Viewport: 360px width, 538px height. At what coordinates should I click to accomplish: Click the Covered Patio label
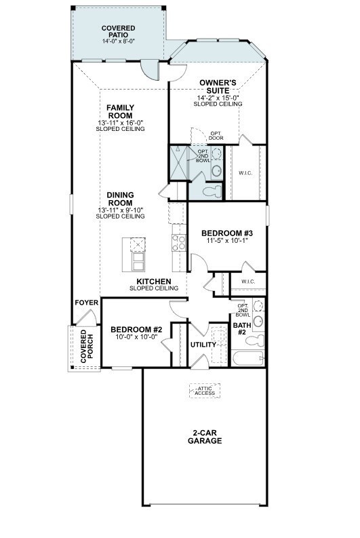pyautogui.click(x=118, y=32)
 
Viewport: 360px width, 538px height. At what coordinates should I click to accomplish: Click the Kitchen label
pyautogui.click(x=153, y=282)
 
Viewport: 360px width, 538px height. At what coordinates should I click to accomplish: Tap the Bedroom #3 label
pyautogui.click(x=226, y=232)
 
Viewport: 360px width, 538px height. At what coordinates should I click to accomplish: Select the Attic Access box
pyautogui.click(x=205, y=390)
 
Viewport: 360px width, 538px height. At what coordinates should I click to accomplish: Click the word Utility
pyautogui.click(x=203, y=344)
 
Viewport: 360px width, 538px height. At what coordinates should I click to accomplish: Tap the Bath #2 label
pyautogui.click(x=241, y=328)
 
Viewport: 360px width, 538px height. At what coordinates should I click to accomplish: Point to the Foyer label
pyautogui.click(x=86, y=303)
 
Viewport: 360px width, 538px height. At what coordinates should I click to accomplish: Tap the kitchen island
pyautogui.click(x=138, y=253)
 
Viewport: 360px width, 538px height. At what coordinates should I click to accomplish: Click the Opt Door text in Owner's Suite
pyautogui.click(x=216, y=136)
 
